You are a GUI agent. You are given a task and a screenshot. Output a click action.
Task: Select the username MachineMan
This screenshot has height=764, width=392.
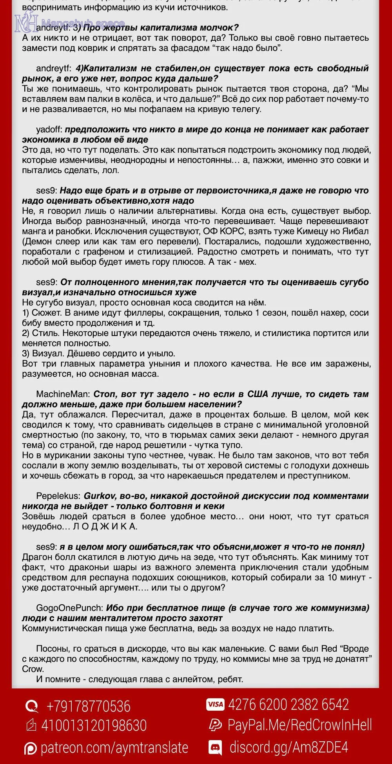[64, 394]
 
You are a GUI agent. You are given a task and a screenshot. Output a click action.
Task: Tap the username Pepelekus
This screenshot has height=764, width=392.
[58, 496]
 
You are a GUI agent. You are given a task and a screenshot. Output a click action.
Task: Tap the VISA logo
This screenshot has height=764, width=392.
[215, 704]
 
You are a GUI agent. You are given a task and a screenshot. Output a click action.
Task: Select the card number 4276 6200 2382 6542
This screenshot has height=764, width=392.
[289, 704]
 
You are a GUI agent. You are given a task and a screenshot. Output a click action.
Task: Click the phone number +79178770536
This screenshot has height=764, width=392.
[89, 706]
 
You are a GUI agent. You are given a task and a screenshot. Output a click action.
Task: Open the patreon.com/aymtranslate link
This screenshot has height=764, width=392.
[114, 747]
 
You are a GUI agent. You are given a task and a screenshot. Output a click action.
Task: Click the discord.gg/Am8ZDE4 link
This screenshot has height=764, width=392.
[289, 747]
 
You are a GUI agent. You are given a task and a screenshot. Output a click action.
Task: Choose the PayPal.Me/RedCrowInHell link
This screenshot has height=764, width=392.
[299, 725]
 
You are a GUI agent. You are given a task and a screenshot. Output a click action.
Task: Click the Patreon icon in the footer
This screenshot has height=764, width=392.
[30, 748]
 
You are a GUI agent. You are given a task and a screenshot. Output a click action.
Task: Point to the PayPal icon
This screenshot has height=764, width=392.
[215, 725]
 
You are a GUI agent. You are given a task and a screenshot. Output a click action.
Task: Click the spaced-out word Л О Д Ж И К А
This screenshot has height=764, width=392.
[105, 526]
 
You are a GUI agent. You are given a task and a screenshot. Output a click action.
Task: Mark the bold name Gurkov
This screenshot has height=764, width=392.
[98, 496]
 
